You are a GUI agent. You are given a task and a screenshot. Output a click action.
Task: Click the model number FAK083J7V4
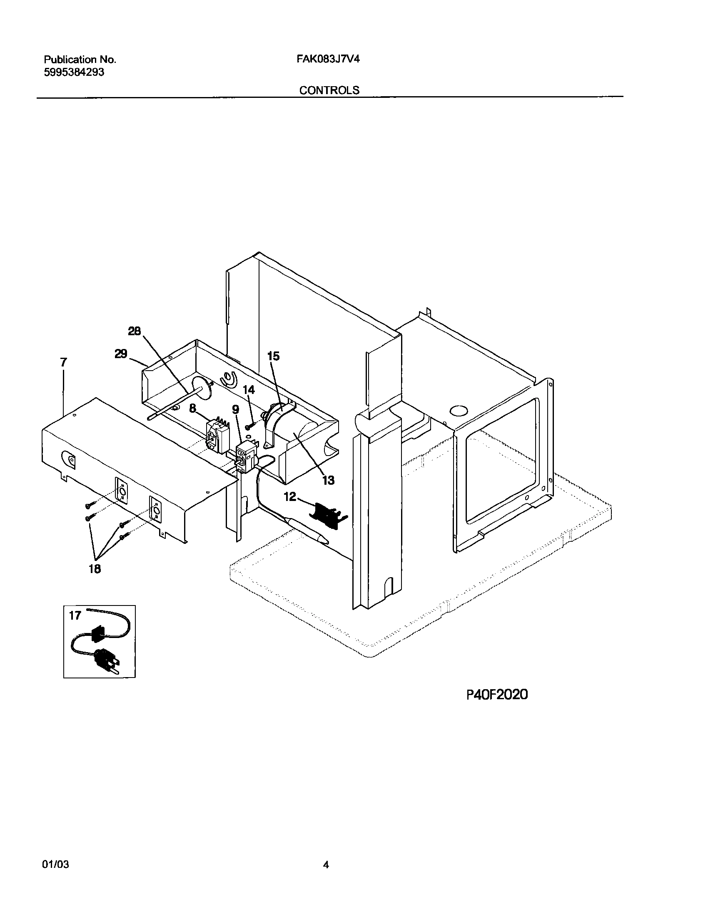[x=328, y=59]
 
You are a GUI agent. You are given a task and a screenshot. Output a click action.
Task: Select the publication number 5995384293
[x=74, y=72]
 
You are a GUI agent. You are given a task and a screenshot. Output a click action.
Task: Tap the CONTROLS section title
[x=329, y=90]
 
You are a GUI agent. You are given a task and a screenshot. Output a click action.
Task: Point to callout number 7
[x=63, y=362]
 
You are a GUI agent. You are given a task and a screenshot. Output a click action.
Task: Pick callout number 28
[x=135, y=331]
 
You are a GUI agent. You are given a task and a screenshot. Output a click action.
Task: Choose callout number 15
[x=273, y=356]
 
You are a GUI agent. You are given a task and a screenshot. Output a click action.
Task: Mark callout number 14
[x=249, y=390]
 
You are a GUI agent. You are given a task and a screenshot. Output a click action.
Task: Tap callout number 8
[x=192, y=409]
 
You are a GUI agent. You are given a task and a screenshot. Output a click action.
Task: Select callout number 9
[x=236, y=410]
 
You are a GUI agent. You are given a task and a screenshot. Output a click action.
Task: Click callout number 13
[x=328, y=480]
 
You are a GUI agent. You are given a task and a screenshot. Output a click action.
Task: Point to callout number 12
[x=290, y=496]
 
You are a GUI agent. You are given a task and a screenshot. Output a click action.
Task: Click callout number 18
[x=95, y=568]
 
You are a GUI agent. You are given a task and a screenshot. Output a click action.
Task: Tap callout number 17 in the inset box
[x=75, y=615]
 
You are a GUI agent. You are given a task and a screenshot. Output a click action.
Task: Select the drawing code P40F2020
[x=497, y=694]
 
